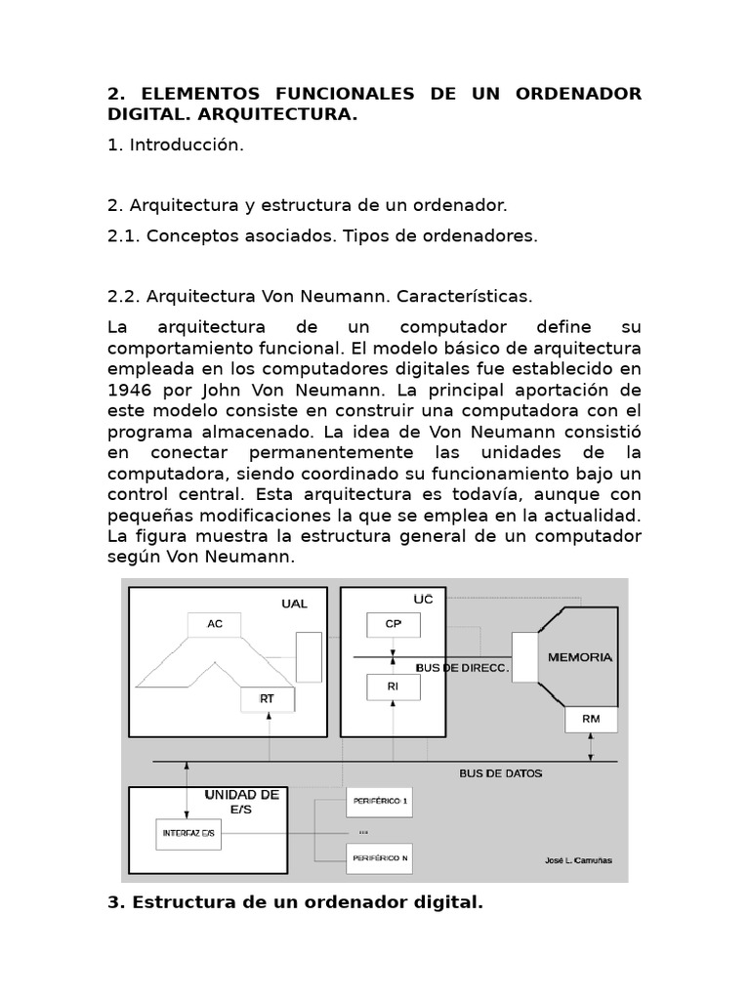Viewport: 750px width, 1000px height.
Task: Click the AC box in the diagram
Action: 214,624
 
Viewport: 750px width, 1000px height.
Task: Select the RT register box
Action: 266,699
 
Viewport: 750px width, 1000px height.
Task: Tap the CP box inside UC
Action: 393,624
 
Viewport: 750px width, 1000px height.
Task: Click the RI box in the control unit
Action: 393,687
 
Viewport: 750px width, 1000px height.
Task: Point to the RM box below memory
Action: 591,720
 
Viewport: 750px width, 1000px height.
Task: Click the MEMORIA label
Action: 580,657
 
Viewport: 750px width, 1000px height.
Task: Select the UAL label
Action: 294,604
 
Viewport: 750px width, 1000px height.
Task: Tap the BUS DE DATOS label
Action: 500,773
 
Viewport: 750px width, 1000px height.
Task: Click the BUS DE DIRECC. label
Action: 463,668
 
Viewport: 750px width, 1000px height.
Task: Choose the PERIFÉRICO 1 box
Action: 379,802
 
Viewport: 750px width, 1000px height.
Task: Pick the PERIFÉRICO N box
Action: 379,857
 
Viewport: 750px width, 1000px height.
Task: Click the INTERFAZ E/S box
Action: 188,832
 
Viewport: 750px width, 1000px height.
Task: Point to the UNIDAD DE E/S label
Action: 242,802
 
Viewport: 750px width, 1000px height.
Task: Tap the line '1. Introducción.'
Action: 175,145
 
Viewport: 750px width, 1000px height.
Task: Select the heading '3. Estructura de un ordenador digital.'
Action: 295,902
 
